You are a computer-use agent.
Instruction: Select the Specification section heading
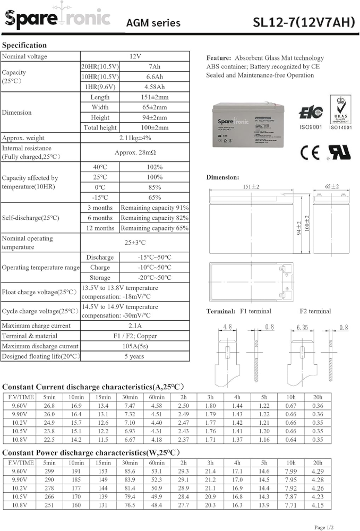click(24, 45)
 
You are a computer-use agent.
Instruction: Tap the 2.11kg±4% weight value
click(135, 138)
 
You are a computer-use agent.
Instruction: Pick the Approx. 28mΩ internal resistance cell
click(135, 152)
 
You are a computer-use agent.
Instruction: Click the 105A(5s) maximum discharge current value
click(135, 346)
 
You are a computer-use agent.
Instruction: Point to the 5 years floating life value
click(135, 356)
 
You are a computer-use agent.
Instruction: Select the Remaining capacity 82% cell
click(154, 218)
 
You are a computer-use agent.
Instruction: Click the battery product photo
click(246, 125)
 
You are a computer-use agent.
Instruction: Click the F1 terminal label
click(255, 311)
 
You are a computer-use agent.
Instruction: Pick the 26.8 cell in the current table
click(49, 406)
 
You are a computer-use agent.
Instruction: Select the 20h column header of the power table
click(317, 463)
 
